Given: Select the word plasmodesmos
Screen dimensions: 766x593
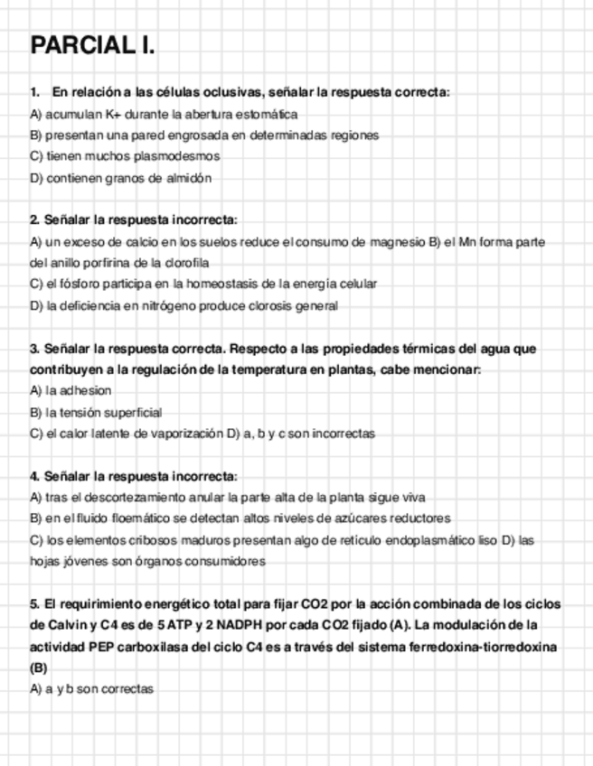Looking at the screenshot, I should coord(182,156).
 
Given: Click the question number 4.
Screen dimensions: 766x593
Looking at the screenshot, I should coord(34,475).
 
